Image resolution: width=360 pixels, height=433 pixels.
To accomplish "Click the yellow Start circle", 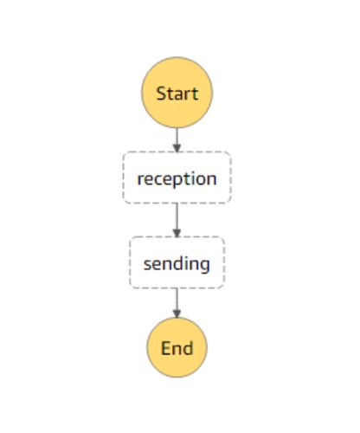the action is pyautogui.click(x=177, y=93).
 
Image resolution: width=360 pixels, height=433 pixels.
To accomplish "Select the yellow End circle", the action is pyautogui.click(x=177, y=347).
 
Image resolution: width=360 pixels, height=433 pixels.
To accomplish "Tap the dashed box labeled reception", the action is pyautogui.click(x=177, y=178).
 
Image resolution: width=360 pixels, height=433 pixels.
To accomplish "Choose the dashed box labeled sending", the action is pyautogui.click(x=177, y=262).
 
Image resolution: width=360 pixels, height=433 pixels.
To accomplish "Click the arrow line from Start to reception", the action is pyautogui.click(x=177, y=139).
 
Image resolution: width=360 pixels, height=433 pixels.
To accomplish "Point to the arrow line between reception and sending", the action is pyautogui.click(x=177, y=220).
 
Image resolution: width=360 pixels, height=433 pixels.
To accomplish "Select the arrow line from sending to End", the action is pyautogui.click(x=177, y=303).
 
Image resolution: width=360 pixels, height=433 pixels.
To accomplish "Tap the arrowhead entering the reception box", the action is pyautogui.click(x=177, y=148).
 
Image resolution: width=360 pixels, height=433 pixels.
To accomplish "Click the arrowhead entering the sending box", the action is pyautogui.click(x=177, y=233).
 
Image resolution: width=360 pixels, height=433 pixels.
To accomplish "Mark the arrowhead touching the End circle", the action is pyautogui.click(x=177, y=313).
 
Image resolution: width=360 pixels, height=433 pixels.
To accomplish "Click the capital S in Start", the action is pyautogui.click(x=161, y=94).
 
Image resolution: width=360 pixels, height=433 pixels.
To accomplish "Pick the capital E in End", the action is pyautogui.click(x=165, y=348).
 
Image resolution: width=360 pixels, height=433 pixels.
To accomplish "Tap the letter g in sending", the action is pyautogui.click(x=203, y=267).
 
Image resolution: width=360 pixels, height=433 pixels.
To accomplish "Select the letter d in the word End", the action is pyautogui.click(x=188, y=347).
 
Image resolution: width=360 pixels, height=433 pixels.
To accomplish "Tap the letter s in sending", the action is pyautogui.click(x=148, y=265).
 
